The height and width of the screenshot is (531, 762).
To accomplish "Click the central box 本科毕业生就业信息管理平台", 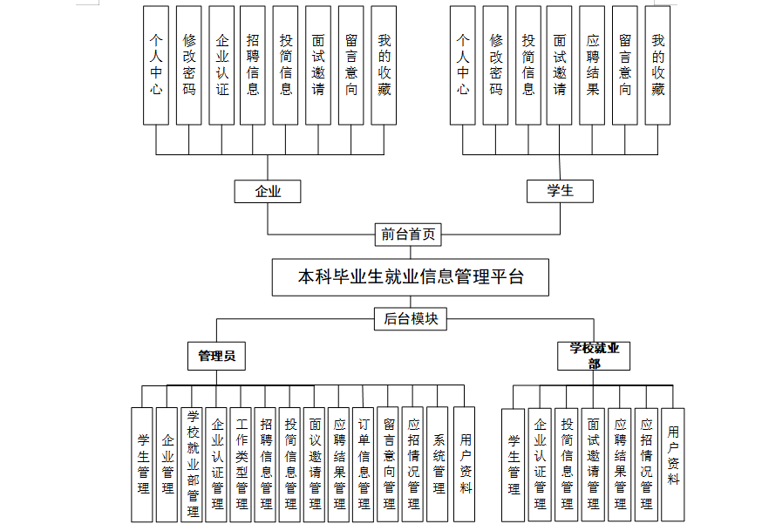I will (411, 277).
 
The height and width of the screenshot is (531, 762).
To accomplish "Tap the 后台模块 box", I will (411, 319).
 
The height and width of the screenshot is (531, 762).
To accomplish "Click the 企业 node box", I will (268, 191).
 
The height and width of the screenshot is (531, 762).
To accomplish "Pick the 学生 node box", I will (560, 191).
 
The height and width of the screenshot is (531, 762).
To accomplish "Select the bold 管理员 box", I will (216, 356).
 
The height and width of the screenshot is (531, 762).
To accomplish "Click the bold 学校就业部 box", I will (594, 356).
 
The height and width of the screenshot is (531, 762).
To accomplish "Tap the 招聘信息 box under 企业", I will (253, 65).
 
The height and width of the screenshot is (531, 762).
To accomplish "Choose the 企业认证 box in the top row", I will (221, 65).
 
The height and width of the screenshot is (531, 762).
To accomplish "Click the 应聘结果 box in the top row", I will (593, 65).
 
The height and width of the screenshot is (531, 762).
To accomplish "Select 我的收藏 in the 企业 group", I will (384, 65).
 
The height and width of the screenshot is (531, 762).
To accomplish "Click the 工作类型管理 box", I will (242, 465).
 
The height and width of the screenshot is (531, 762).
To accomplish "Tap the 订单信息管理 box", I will (364, 465).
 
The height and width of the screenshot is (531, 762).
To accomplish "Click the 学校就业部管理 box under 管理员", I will (193, 465).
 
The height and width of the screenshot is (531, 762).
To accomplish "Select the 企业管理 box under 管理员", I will (167, 465).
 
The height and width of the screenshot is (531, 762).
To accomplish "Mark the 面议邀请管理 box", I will (315, 465).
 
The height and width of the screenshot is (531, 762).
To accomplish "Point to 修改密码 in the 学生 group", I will (496, 65).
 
